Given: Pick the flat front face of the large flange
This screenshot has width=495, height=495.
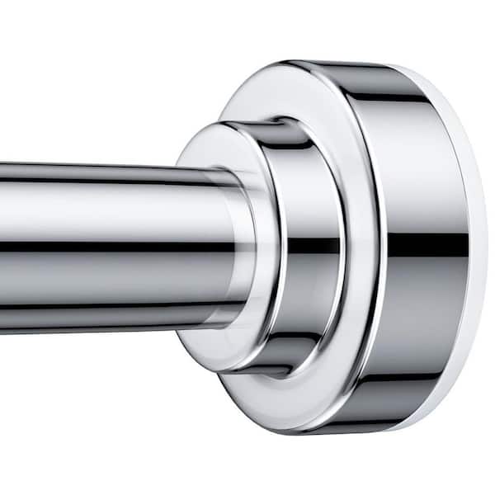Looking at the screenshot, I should pos(247,99).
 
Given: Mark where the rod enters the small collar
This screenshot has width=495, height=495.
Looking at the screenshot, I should pos(239,247).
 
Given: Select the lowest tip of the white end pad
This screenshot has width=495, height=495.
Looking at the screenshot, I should pos(412,428).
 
